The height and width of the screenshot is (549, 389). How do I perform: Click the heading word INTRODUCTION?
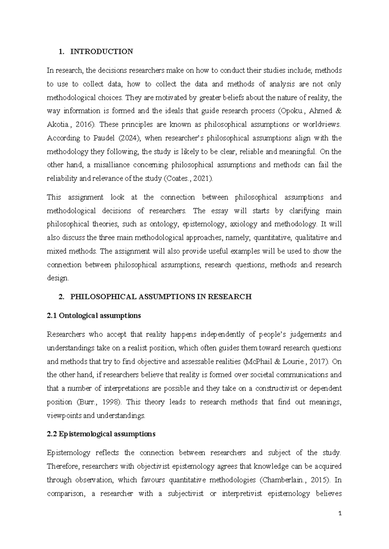101,52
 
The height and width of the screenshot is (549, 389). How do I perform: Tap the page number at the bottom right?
340,513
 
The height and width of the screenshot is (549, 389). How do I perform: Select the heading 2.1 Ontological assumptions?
94,316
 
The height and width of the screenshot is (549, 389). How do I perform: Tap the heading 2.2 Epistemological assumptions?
101,434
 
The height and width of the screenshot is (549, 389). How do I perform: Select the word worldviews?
321,125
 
